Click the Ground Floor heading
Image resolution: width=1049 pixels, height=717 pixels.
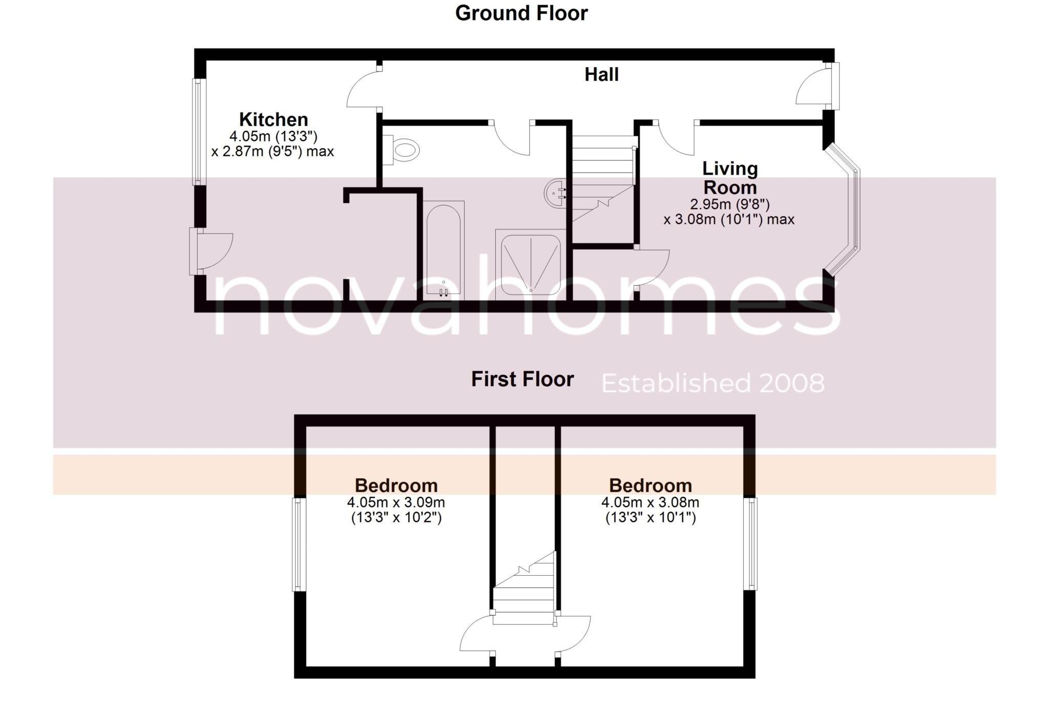click(x=521, y=13)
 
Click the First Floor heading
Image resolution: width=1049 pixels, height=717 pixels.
click(x=522, y=379)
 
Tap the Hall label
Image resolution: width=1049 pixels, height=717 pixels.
click(x=601, y=75)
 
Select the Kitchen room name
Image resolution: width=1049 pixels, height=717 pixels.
click(x=274, y=120)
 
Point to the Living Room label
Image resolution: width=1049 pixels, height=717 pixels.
click(x=729, y=178)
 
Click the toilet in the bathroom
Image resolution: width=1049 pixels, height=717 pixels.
click(x=402, y=150)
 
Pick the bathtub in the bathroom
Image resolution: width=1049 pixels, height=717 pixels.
click(x=444, y=250)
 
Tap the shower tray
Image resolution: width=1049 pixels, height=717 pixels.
click(x=531, y=264)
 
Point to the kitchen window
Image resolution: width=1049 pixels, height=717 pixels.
click(x=199, y=132)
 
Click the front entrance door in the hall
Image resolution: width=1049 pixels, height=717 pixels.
click(x=817, y=87)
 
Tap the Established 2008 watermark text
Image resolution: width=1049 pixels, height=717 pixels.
click(x=712, y=384)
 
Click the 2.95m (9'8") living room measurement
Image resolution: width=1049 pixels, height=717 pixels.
click(x=729, y=204)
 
